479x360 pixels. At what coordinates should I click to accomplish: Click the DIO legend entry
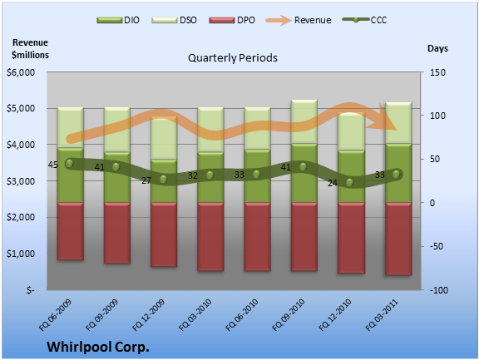pyautogui.click(x=118, y=20)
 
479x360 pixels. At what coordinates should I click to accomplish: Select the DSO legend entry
pyautogui.click(x=174, y=20)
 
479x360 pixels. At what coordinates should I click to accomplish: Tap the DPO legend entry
pyautogui.click(x=232, y=20)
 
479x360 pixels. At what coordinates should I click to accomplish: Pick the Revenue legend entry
pyautogui.click(x=299, y=20)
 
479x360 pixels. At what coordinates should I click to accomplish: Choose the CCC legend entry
pyautogui.click(x=364, y=20)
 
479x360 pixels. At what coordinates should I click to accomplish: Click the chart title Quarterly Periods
pyautogui.click(x=233, y=57)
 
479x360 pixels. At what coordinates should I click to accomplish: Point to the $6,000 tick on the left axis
pyautogui.click(x=21, y=72)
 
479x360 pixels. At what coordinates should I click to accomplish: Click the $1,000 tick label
pyautogui.click(x=21, y=254)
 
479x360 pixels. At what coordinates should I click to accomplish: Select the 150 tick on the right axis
pyautogui.click(x=437, y=72)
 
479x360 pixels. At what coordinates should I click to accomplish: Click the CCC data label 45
pyautogui.click(x=53, y=165)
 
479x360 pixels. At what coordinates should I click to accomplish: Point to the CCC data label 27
pyautogui.click(x=146, y=180)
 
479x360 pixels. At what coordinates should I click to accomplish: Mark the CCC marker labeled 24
pyautogui.click(x=349, y=183)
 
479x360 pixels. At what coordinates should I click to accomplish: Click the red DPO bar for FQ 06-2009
pyautogui.click(x=70, y=231)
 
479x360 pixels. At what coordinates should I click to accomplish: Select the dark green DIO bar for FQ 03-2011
pyautogui.click(x=398, y=173)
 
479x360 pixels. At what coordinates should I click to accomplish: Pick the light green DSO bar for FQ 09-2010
pyautogui.click(x=304, y=122)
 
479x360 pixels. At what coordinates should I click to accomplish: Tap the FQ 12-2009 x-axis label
pyautogui.click(x=149, y=315)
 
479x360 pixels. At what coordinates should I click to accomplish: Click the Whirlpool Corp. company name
pyautogui.click(x=98, y=348)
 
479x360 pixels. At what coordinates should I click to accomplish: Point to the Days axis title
pyautogui.click(x=437, y=48)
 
